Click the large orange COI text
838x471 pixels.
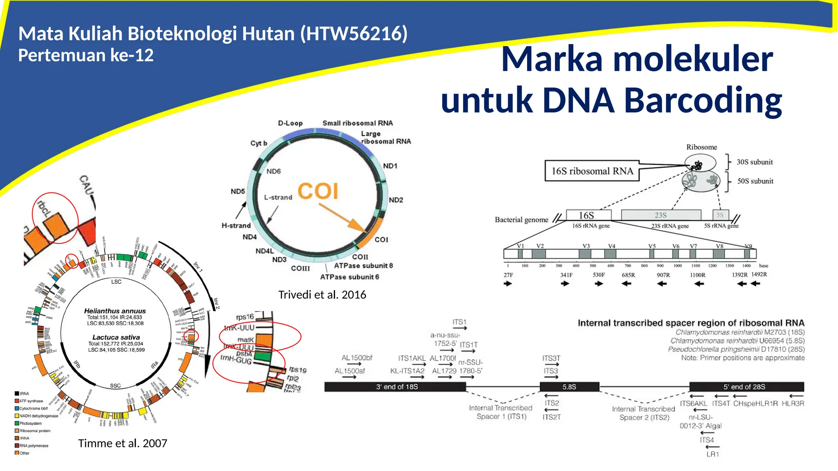pos(318,191)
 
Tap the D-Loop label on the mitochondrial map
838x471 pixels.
pos(290,123)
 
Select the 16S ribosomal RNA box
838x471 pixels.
pos(592,171)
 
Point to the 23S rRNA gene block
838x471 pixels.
pos(660,215)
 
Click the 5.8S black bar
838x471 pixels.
pos(569,387)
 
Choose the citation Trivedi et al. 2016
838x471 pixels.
pos(322,295)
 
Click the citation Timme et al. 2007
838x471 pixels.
pos(122,443)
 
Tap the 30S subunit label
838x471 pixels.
pos(755,162)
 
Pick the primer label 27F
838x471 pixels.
pos(508,275)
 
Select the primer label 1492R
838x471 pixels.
pos(759,274)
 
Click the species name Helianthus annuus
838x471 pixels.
pos(115,311)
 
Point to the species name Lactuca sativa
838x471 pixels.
pos(116,337)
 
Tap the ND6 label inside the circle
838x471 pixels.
pos(274,171)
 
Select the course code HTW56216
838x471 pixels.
pos(354,34)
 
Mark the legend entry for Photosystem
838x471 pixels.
pos(31,424)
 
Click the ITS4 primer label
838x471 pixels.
pos(707,440)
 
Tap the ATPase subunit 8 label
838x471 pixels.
pos(363,266)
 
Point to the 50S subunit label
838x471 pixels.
pos(755,181)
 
